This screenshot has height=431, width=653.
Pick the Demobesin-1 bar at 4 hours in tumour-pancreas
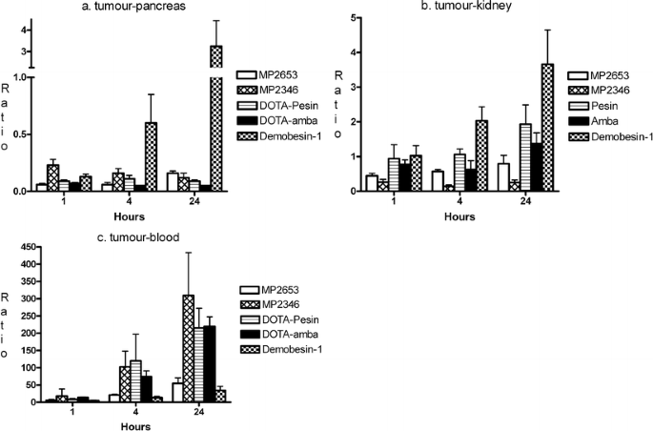coord(151,156)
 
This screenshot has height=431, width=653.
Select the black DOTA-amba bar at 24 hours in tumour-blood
coord(209,363)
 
